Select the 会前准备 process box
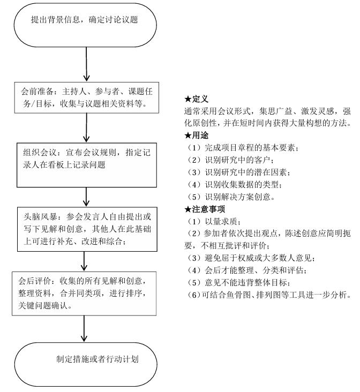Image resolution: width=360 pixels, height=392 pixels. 86,98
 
